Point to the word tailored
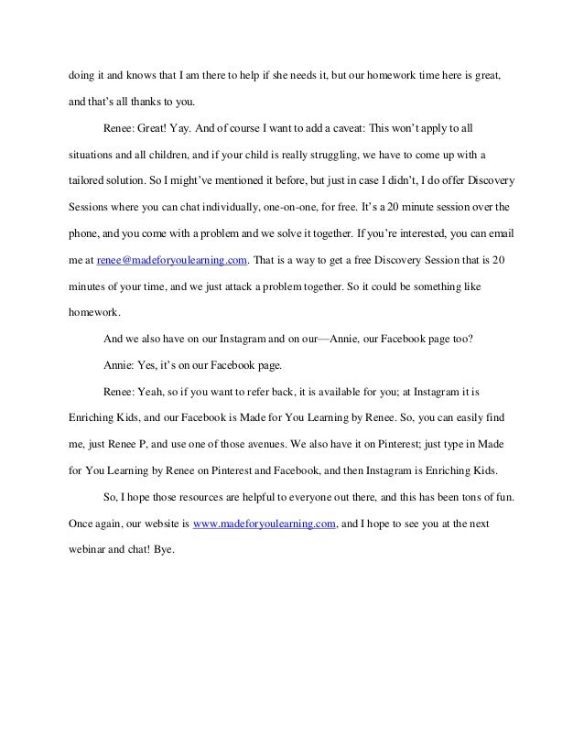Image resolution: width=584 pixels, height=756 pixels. [89, 174]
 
